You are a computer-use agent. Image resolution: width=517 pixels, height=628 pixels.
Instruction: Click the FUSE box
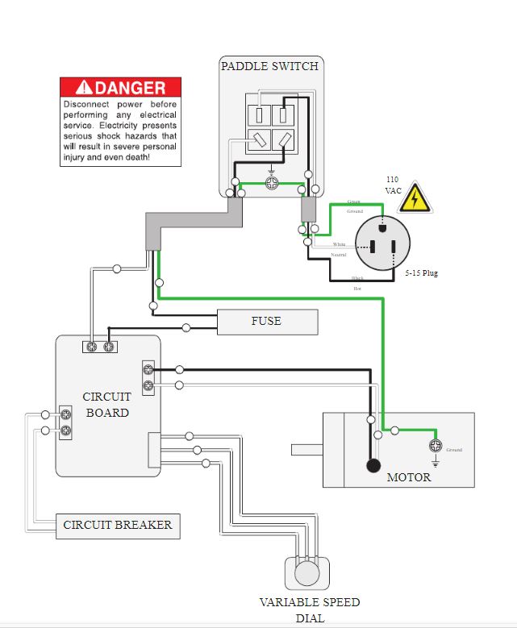click(267, 322)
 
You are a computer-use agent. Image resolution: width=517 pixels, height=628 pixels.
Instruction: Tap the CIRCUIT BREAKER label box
click(118, 526)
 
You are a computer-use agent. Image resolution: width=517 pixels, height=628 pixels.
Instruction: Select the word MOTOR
click(409, 477)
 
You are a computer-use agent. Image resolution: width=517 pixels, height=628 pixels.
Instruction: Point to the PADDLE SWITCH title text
click(269, 66)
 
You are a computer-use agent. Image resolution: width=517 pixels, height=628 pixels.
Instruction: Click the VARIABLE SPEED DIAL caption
click(310, 609)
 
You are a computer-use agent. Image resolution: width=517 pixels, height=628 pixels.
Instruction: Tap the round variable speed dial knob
click(307, 574)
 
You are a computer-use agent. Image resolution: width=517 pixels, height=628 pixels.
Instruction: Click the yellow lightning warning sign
click(416, 198)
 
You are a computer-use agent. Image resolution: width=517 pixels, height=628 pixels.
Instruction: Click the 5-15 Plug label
click(421, 273)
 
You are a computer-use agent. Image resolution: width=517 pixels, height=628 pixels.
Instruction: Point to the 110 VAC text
click(393, 185)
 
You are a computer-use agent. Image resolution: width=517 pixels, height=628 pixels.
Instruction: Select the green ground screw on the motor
click(436, 446)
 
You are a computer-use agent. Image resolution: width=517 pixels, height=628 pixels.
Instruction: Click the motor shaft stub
click(307, 450)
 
